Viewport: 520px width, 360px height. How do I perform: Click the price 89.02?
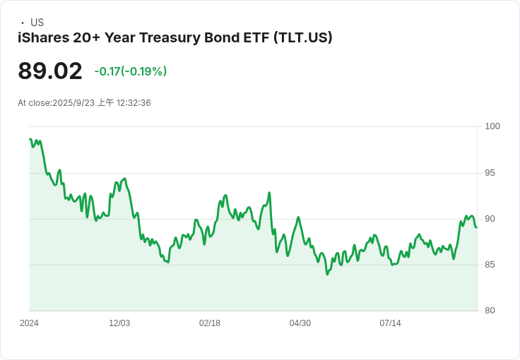coord(50,71)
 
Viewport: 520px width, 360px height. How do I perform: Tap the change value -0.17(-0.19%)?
coord(130,71)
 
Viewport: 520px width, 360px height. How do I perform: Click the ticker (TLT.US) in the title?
coord(303,37)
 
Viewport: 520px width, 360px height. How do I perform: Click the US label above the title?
coord(37,23)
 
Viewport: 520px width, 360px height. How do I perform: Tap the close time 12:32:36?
coord(134,103)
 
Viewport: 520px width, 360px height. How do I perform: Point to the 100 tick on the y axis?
coord(492,126)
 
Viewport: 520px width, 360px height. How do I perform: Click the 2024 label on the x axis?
coord(29,323)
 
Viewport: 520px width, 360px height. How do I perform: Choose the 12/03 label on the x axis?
coord(119,323)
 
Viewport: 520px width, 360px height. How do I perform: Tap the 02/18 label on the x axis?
coord(210,323)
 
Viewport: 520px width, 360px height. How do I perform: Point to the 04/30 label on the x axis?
coord(300,323)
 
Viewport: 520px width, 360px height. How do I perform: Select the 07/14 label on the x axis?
coord(390,323)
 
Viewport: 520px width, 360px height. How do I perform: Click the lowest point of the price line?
coord(327,274)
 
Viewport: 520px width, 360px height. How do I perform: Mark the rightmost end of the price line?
coord(476,227)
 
